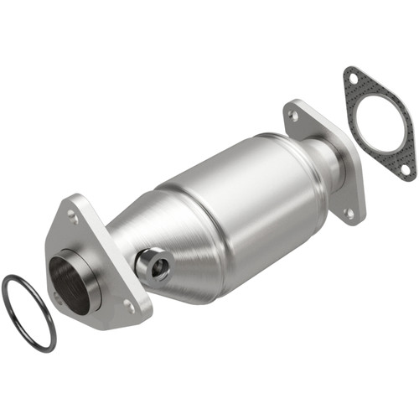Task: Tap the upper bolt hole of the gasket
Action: (x=352, y=79)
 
